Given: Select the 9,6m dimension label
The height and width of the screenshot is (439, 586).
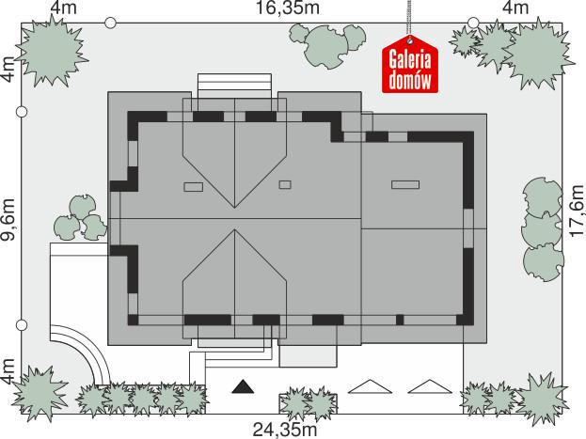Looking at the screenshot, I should [8, 220].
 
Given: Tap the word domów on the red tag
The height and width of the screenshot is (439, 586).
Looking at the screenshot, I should [411, 80].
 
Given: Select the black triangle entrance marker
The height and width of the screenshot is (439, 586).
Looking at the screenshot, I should [244, 386].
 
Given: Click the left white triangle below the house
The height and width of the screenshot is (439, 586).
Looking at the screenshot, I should [367, 386].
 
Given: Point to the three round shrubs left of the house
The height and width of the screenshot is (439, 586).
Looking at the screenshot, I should [79, 217].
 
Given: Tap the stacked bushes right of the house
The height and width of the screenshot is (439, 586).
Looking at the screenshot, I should [544, 229].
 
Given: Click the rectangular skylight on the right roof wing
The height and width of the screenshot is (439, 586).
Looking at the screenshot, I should [405, 184].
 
